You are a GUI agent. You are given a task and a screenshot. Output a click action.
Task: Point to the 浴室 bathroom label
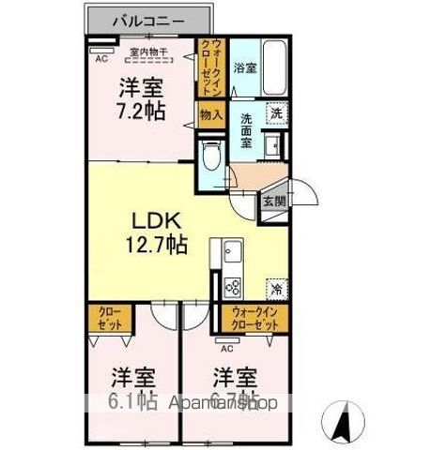coord(244,67)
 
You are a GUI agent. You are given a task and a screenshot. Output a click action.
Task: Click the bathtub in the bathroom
coord(274,68)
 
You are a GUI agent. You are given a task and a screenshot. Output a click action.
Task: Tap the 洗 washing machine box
coord(275,113)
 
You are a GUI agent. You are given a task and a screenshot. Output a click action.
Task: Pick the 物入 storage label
coord(211,115)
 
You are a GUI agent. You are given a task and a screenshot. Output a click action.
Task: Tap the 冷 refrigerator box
coord(277,287)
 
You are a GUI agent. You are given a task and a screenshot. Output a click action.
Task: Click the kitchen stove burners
coord(232,287)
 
